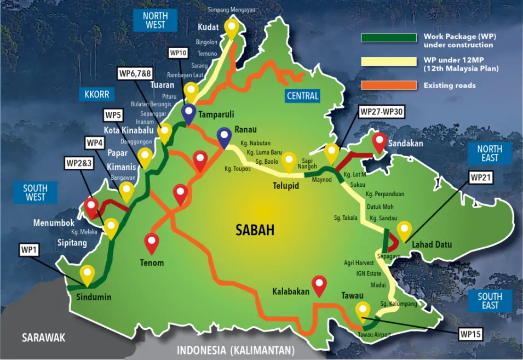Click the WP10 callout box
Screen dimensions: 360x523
pyautogui.click(x=179, y=53)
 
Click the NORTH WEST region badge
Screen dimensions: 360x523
pyautogui.click(x=156, y=20)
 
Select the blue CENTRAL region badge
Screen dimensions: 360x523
pyautogui.click(x=303, y=96)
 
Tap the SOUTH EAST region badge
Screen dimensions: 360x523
pyautogui.click(x=490, y=301)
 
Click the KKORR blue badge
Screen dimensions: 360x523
pyautogui.click(x=97, y=94)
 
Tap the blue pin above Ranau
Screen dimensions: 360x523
pyautogui.click(x=223, y=136)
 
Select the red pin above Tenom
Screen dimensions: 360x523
pyautogui.click(x=151, y=241)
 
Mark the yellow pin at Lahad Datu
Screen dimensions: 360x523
pyautogui.click(x=404, y=229)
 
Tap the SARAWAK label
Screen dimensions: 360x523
pyautogui.click(x=43, y=337)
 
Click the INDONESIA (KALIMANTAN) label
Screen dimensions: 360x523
pyautogui.click(x=235, y=350)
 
